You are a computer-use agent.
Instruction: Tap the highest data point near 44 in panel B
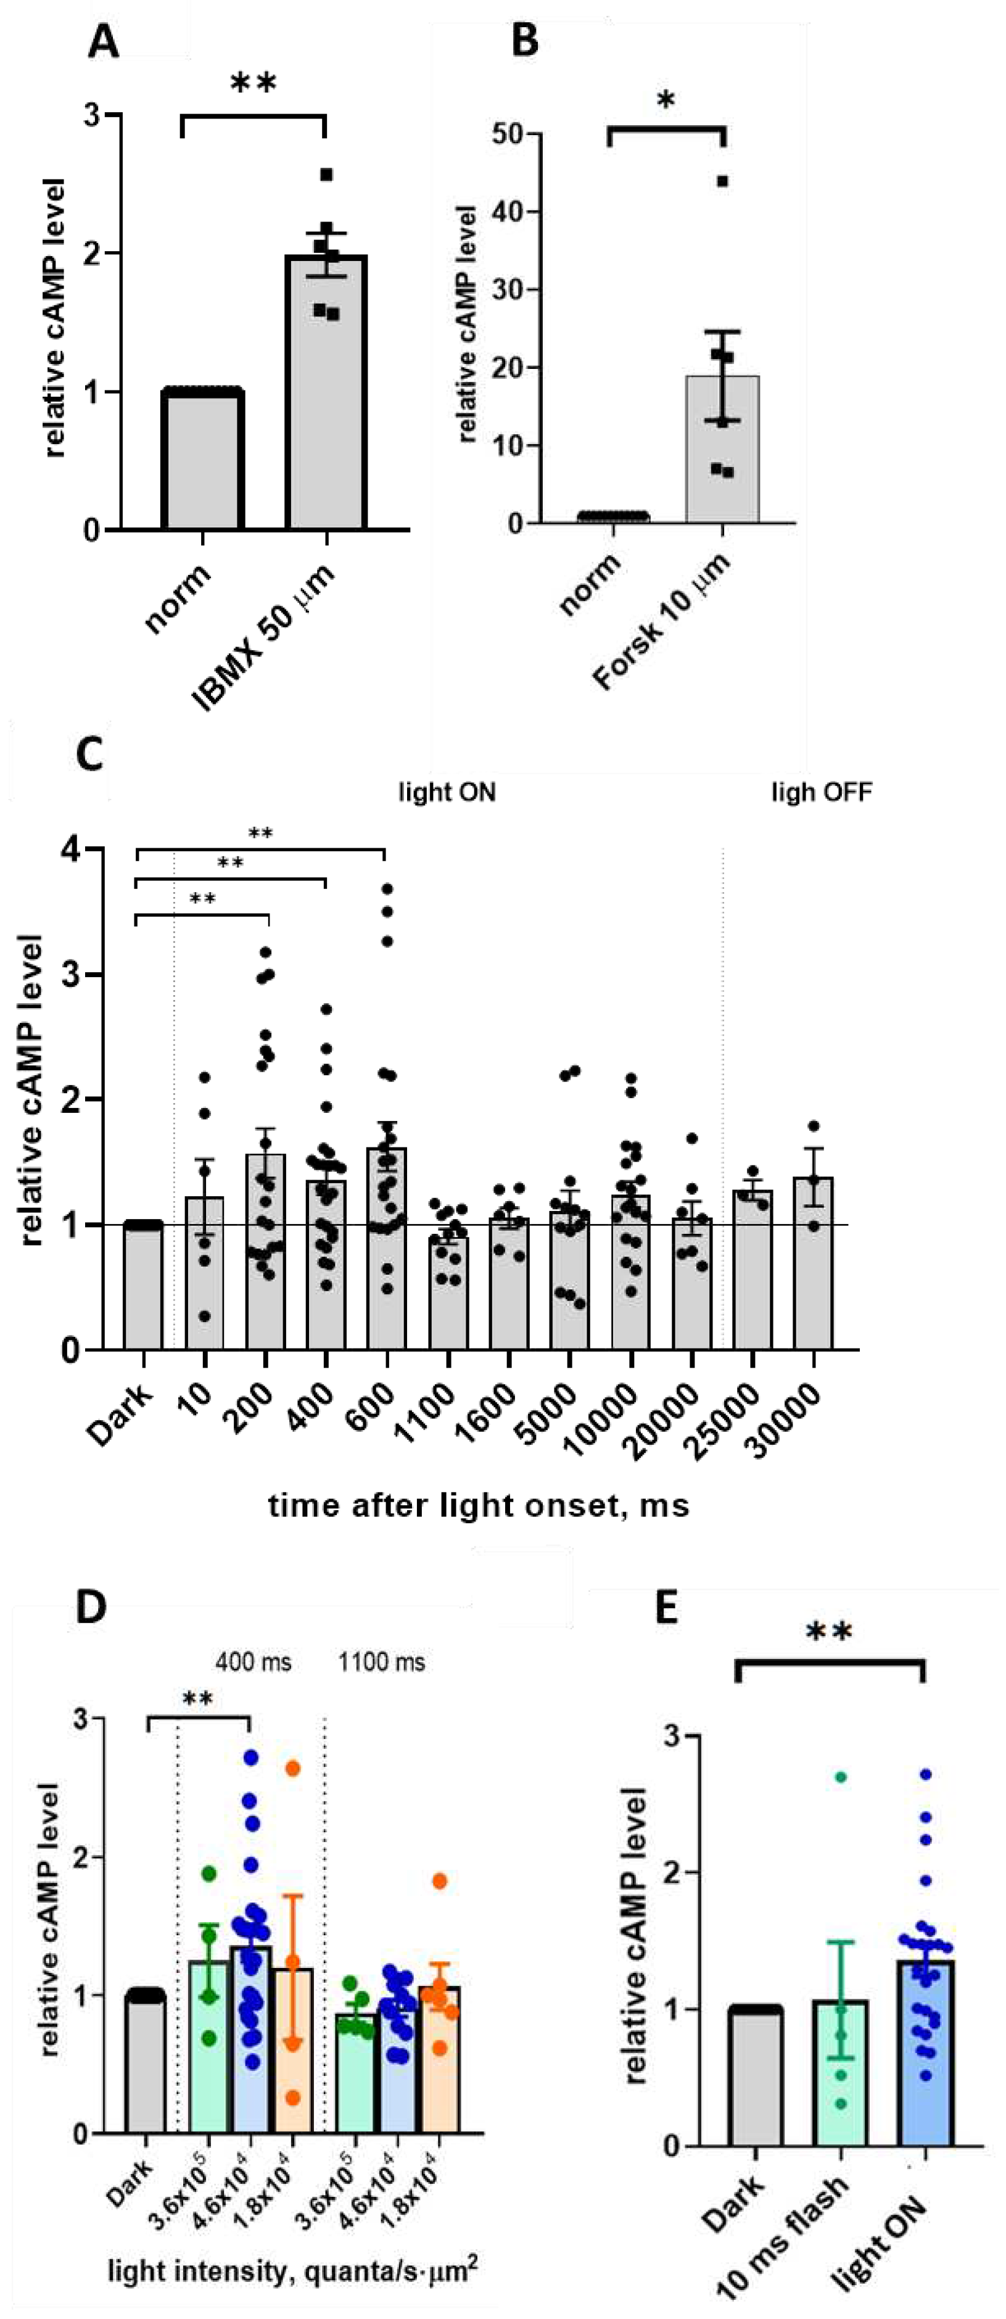tap(722, 181)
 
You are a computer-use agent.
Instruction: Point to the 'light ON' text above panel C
tap(447, 792)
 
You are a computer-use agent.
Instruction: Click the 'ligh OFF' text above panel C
tap(820, 792)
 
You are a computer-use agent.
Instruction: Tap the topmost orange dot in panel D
tap(292, 1769)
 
